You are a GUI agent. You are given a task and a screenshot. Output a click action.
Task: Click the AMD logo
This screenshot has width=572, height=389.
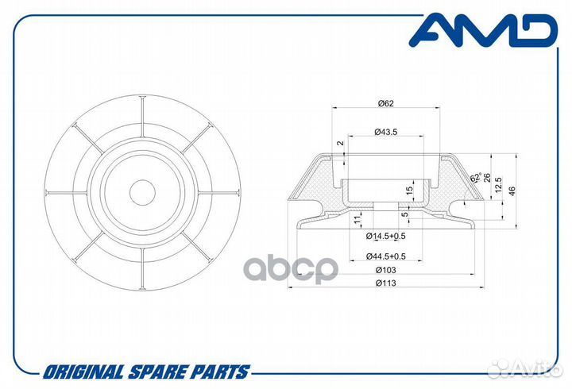click(x=483, y=31)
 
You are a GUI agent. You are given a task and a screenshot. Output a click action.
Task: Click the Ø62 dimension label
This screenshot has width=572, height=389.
click(x=386, y=103)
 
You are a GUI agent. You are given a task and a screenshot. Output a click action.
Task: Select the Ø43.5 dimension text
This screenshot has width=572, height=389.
click(x=386, y=132)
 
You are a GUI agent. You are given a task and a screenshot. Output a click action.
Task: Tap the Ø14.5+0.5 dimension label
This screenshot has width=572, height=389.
click(x=386, y=237)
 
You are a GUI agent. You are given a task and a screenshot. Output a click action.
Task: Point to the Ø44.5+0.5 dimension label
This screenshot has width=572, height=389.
click(x=386, y=256)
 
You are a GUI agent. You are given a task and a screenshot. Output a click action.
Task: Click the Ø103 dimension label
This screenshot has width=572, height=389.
click(x=385, y=270)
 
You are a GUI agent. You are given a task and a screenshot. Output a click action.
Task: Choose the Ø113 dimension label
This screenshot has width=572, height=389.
click(x=385, y=283)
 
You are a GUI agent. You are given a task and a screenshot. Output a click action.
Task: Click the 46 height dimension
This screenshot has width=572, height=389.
click(x=512, y=191)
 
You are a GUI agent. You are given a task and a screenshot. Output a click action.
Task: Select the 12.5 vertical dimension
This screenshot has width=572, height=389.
click(x=499, y=184)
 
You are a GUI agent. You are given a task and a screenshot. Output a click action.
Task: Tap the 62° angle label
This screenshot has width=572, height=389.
click(x=476, y=178)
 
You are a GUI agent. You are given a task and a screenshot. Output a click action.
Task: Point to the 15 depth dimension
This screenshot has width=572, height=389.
click(x=409, y=190)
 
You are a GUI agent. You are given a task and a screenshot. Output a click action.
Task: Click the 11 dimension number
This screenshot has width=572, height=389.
click(x=357, y=219)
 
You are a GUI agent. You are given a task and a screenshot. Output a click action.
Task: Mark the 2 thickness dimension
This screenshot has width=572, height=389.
click(x=341, y=143)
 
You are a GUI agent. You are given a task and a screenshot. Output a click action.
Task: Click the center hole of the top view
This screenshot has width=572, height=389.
click(x=143, y=192)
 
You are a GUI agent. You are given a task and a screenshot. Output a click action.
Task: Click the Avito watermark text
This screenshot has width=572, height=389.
click(x=535, y=371)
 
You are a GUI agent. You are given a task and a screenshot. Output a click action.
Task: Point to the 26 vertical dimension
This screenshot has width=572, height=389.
click(x=486, y=178)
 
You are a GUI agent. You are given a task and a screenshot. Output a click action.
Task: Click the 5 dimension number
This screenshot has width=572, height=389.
click(x=405, y=214)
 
